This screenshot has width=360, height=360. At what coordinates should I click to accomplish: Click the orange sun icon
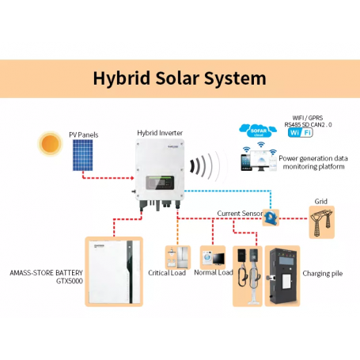(50, 145)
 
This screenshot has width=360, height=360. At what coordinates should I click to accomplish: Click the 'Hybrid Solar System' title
(180, 79)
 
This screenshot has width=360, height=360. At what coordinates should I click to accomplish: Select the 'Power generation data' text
(313, 158)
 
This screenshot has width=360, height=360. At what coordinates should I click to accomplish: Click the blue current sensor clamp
(271, 216)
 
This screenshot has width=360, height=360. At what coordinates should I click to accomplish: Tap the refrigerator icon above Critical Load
(175, 257)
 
